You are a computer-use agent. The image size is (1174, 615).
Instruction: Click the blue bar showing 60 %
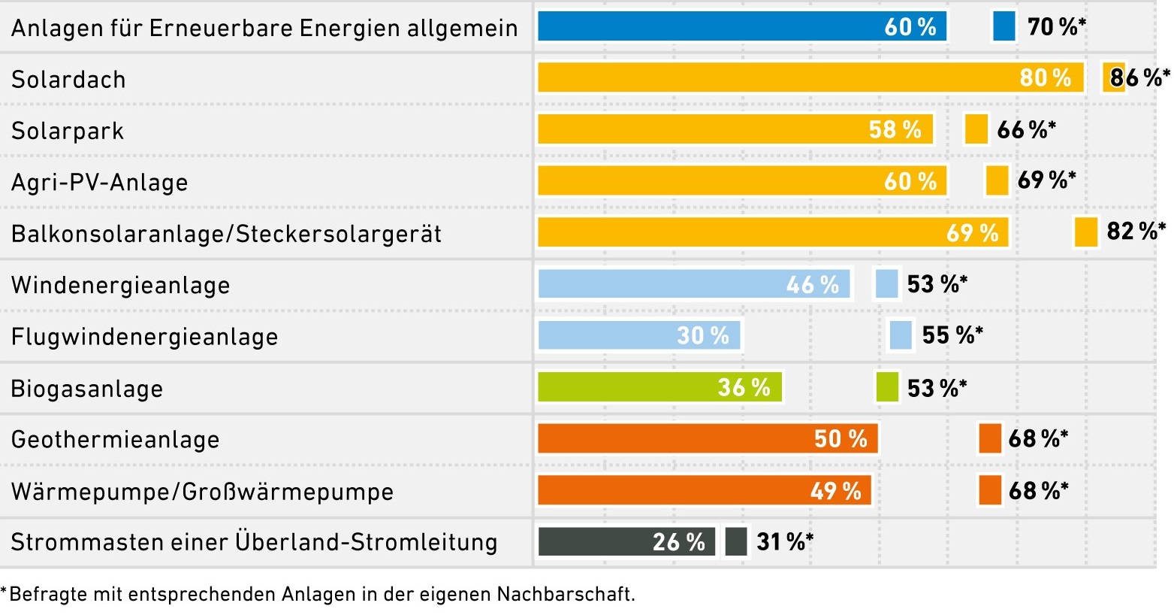coord(741,26)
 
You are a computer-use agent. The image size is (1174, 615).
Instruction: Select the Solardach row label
coord(68,79)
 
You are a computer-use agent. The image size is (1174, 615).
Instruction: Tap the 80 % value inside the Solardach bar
coord(1045,77)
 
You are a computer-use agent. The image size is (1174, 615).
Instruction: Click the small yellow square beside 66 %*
coord(976,129)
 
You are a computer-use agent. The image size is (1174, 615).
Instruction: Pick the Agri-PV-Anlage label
coord(99,182)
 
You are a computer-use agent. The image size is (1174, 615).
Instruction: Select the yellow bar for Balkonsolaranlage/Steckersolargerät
coord(773,232)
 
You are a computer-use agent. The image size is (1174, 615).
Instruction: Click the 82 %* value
coord(1136,231)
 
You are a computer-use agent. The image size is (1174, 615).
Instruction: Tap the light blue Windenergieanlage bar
coord(694,284)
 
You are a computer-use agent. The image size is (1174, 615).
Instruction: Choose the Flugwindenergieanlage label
coord(144,336)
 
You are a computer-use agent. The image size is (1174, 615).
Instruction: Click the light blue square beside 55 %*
coord(900,335)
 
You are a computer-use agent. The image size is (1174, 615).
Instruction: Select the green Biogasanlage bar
coord(659,387)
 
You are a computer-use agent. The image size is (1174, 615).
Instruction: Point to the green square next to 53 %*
coord(887,387)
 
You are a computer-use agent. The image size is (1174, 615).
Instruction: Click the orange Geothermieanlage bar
coord(708,438)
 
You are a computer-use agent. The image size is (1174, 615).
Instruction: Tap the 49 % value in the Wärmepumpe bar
coord(835,491)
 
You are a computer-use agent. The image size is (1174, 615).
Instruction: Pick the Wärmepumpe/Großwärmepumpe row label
coord(202,492)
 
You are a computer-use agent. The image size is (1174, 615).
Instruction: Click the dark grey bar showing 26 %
coord(626,541)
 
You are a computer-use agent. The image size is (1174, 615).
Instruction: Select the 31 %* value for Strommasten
coord(784,541)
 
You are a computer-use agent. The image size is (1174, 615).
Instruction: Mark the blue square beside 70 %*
coord(1003,26)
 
